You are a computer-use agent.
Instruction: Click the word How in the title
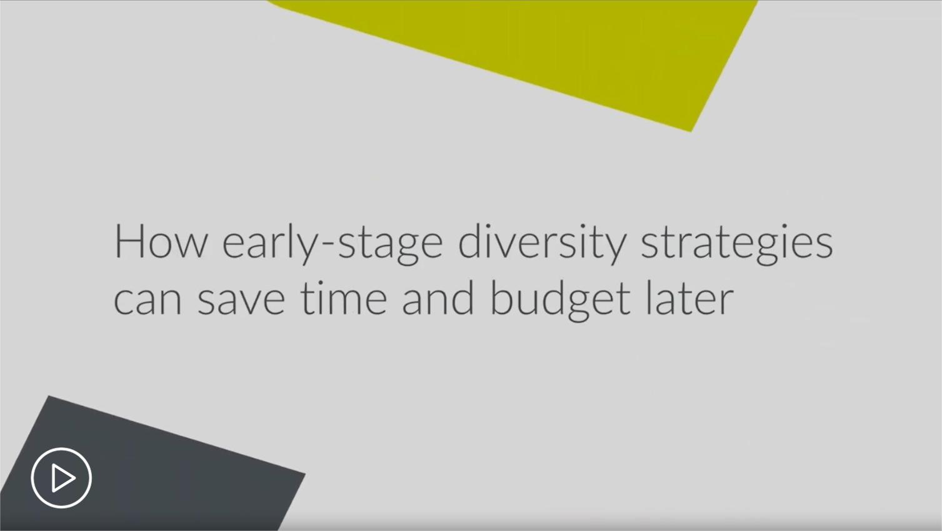pos(161,241)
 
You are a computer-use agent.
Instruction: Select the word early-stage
pos(332,244)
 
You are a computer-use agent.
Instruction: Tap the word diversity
pos(542,244)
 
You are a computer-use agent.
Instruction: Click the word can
pos(148,300)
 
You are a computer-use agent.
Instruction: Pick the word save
pos(241,300)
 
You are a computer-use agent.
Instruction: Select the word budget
pos(560,300)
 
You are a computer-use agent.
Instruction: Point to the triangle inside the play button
pos(63,478)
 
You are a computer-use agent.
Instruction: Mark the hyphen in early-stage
pos(328,245)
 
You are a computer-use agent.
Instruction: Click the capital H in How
pos(128,241)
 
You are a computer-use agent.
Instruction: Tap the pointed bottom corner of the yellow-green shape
pos(691,132)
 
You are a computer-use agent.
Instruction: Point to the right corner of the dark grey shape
pos(305,474)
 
